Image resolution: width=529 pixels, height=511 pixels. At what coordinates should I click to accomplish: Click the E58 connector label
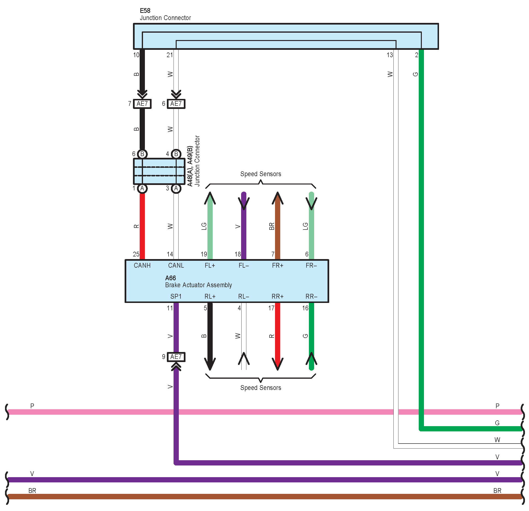pyautogui.click(x=145, y=11)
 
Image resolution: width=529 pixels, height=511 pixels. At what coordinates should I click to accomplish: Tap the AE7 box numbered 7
pyautogui.click(x=142, y=104)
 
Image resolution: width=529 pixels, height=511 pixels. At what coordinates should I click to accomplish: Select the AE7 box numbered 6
pyautogui.click(x=176, y=104)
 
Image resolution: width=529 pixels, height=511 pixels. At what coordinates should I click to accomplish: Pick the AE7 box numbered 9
pyautogui.click(x=176, y=357)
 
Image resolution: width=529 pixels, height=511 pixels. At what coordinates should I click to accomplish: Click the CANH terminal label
pyautogui.click(x=142, y=266)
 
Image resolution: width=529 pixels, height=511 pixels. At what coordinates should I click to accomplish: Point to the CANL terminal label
pyautogui.click(x=176, y=266)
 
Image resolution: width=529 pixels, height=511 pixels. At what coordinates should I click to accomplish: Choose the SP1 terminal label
pyautogui.click(x=176, y=296)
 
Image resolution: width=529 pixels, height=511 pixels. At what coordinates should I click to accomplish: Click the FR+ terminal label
pyautogui.click(x=277, y=266)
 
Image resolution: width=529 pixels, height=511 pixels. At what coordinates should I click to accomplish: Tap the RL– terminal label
pyautogui.click(x=243, y=296)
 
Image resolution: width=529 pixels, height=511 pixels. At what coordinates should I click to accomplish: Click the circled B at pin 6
pyautogui.click(x=142, y=154)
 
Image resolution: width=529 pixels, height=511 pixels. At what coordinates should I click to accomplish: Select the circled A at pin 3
pyautogui.click(x=176, y=188)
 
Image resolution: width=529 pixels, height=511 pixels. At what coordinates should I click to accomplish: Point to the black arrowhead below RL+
pyautogui.click(x=210, y=364)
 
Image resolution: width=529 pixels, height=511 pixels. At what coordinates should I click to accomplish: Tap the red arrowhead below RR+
pyautogui.click(x=277, y=364)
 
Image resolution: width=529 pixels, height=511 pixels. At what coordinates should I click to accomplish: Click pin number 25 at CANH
pyautogui.click(x=136, y=254)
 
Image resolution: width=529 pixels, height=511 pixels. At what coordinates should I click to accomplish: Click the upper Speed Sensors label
pyautogui.click(x=260, y=174)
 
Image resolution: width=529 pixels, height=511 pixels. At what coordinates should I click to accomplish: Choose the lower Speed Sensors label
pyautogui.click(x=260, y=388)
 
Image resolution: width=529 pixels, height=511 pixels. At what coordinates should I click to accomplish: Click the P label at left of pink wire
pyautogui.click(x=32, y=406)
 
